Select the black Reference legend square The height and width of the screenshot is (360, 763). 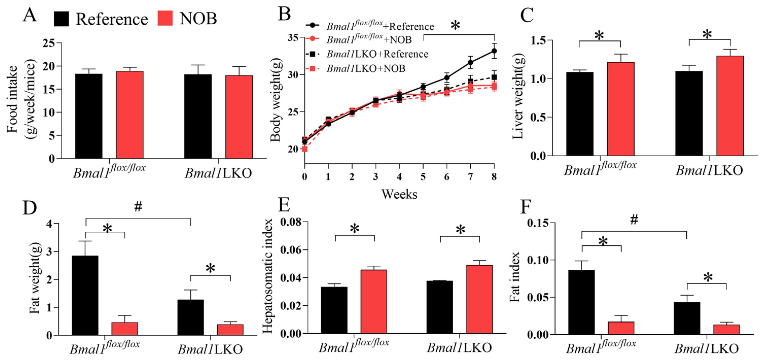pyautogui.click(x=61, y=19)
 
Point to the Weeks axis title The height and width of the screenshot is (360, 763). pyautogui.click(x=399, y=194)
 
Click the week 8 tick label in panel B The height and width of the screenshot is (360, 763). pyautogui.click(x=494, y=177)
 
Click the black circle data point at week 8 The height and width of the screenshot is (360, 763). pyautogui.click(x=494, y=51)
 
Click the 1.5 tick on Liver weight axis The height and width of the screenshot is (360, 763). pyautogui.click(x=538, y=40)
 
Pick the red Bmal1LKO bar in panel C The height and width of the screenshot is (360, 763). pyautogui.click(x=730, y=106)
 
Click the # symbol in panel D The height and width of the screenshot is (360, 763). pyautogui.click(x=138, y=207)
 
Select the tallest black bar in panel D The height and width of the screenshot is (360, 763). pyautogui.click(x=85, y=295)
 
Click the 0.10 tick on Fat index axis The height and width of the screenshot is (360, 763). pyautogui.click(x=538, y=260)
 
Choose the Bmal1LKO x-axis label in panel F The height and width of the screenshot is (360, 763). pyautogui.click(x=706, y=348)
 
